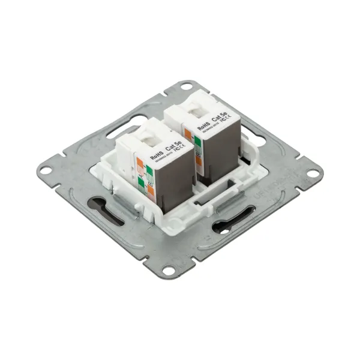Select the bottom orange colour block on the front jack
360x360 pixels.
point(151,193)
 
